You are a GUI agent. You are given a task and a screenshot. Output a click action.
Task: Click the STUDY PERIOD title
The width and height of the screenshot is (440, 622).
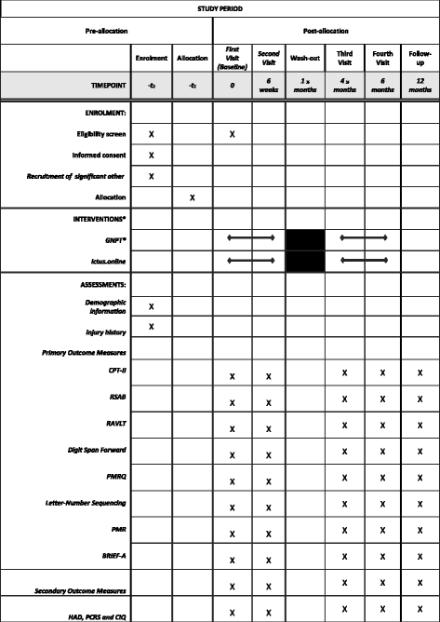pos(220,9)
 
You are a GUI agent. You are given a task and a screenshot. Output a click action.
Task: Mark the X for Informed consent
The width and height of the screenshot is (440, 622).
pos(150,155)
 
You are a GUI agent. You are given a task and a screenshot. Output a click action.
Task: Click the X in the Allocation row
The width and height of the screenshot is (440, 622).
pos(191,197)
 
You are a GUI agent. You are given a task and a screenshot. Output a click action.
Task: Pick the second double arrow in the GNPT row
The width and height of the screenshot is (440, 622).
pos(365,239)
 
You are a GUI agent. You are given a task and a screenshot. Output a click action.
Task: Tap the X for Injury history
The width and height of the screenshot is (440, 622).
pos(150,326)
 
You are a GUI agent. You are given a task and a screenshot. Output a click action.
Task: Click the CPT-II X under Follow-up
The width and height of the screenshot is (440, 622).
pos(420,372)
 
